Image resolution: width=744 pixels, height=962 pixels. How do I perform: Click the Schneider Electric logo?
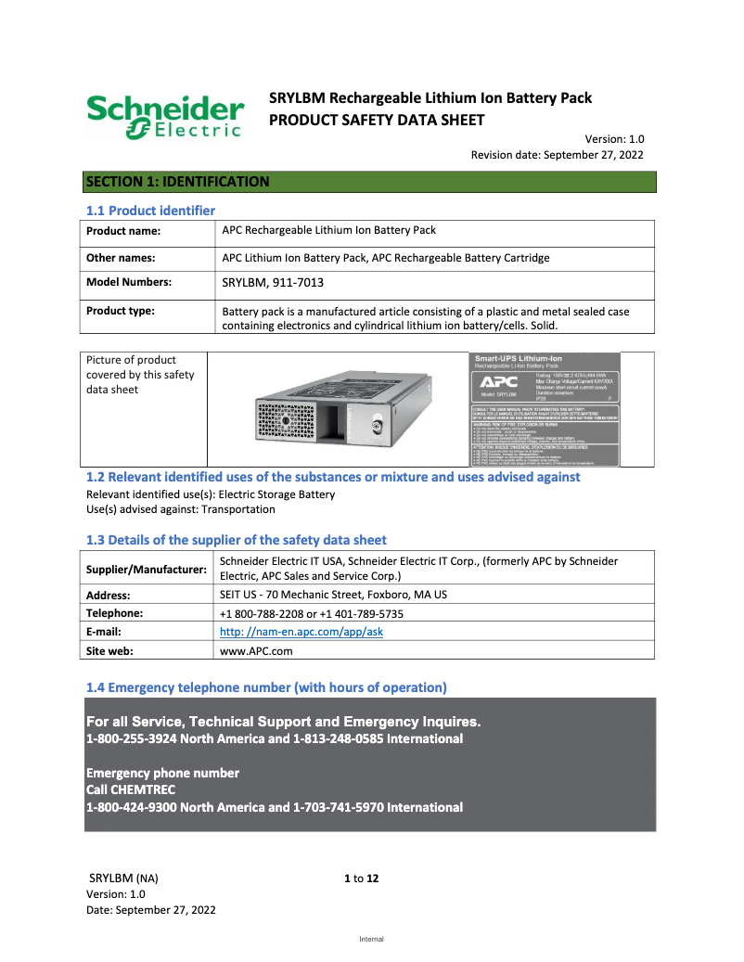click(x=165, y=117)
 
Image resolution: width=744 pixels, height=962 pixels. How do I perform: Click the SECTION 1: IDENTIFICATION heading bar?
click(x=369, y=182)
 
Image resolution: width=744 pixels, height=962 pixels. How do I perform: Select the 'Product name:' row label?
click(x=123, y=231)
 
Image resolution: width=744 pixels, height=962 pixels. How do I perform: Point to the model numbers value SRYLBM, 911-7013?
click(x=273, y=283)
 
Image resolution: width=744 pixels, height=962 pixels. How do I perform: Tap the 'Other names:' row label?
click(x=121, y=258)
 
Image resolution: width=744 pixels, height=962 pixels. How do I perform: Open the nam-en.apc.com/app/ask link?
click(x=301, y=632)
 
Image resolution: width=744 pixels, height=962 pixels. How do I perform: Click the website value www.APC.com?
click(x=256, y=651)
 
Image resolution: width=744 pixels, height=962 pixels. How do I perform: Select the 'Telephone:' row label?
click(x=114, y=613)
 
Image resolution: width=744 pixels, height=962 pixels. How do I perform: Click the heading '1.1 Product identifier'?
click(x=150, y=211)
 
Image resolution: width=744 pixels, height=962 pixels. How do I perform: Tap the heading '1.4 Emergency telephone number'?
click(x=266, y=687)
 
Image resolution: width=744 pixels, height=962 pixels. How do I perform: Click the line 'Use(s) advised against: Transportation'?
click(x=180, y=509)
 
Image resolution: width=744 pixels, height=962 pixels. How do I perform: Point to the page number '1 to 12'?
click(x=362, y=879)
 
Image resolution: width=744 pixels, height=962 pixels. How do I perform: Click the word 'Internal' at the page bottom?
click(x=371, y=939)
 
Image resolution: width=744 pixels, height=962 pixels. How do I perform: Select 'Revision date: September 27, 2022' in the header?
click(x=557, y=155)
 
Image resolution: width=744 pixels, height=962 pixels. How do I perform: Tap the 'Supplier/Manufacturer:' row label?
click(x=147, y=569)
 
